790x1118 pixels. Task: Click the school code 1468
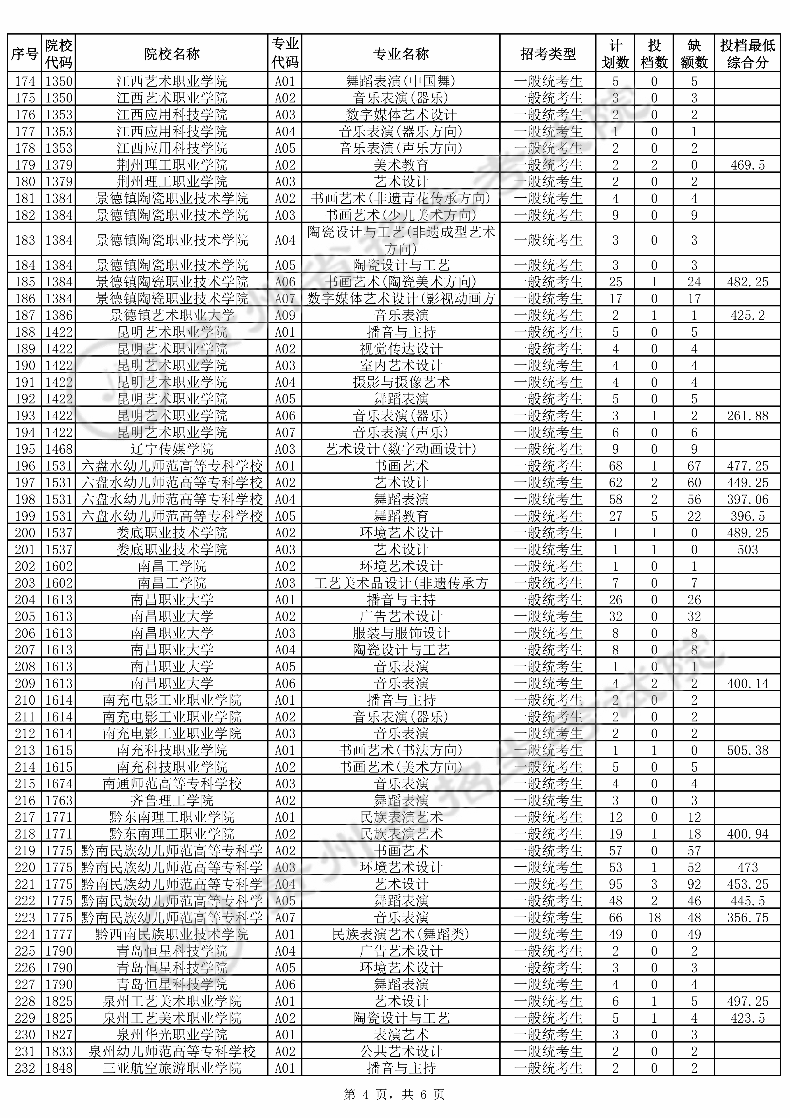coord(59,449)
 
